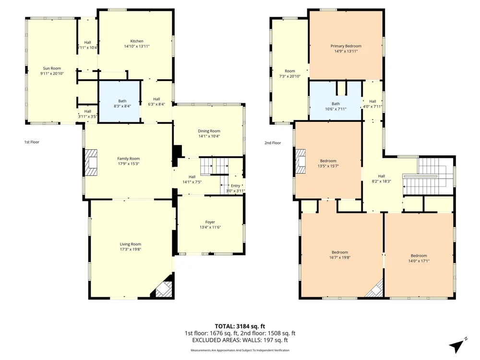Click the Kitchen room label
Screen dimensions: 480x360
coord(136,41)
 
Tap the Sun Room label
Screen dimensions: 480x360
coord(52,68)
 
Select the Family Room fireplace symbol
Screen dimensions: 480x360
coord(91,162)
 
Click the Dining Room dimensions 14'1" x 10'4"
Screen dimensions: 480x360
coord(209,136)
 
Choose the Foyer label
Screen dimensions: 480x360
coord(210,222)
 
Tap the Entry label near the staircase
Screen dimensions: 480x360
coord(235,185)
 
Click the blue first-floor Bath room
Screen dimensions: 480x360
coord(120,102)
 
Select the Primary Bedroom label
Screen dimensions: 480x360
coord(346,46)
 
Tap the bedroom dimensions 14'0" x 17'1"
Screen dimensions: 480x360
coord(419,261)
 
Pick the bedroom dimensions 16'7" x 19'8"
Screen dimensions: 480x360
coord(340,257)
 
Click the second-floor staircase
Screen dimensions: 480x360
coord(428,176)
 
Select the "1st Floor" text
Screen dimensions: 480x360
coord(32,142)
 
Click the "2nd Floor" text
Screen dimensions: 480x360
coord(273,143)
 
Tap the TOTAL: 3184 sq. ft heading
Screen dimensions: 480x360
coord(240,326)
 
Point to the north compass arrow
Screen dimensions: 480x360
coord(457,346)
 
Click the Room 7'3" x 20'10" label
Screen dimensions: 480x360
coord(289,73)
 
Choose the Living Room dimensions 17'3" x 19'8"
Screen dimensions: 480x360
coord(131,249)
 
